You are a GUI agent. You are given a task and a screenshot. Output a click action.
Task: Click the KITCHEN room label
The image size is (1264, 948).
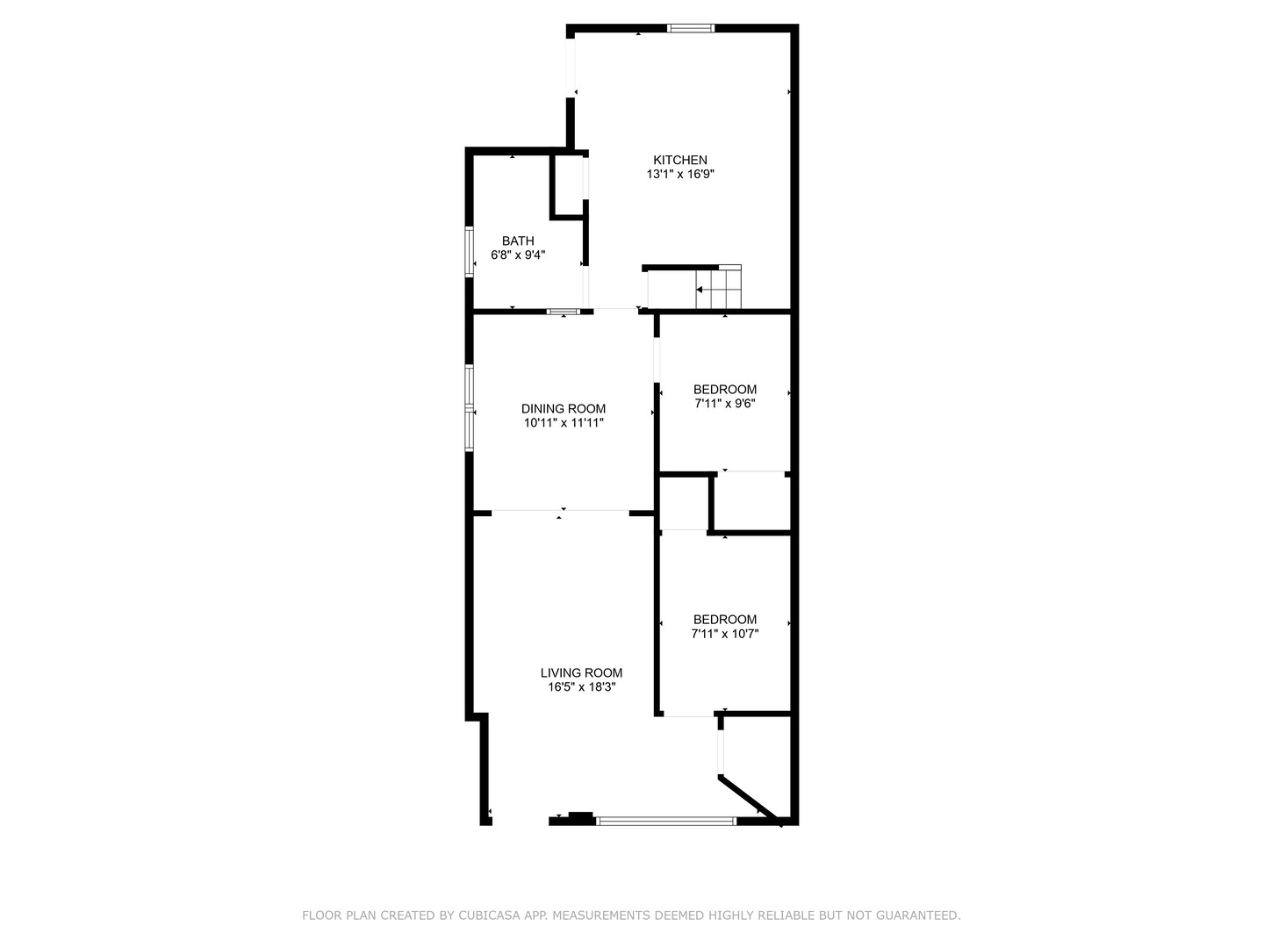[679, 160]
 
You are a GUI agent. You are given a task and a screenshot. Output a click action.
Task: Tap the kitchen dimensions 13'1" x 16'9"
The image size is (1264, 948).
[679, 174]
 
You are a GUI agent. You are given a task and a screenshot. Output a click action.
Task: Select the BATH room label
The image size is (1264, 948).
[518, 241]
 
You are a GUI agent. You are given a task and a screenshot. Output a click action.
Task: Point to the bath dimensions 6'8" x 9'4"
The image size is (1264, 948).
[518, 255]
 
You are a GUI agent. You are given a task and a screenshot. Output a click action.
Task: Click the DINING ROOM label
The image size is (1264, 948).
[564, 408]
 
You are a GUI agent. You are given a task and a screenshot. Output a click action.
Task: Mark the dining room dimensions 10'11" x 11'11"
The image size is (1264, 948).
[564, 423]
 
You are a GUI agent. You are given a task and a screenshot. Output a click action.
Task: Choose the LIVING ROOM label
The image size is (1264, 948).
[581, 673]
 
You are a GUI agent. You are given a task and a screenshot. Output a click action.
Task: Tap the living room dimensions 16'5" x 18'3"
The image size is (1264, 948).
[581, 687]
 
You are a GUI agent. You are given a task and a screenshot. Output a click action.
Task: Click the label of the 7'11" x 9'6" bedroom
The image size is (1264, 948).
[724, 390]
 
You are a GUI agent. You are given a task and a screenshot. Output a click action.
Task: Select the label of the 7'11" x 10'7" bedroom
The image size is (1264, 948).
[724, 620]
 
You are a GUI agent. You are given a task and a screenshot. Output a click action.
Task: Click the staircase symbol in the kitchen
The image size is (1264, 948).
[718, 288]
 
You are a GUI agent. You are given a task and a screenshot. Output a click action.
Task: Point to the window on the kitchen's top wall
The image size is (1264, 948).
[691, 28]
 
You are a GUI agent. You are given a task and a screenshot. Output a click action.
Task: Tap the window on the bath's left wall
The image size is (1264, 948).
[469, 252]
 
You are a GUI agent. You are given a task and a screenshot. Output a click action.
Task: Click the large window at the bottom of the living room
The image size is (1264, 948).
[665, 822]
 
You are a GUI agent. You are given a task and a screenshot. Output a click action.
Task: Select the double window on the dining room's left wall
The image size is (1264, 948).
[469, 407]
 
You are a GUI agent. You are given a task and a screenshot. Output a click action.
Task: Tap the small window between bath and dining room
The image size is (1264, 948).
[563, 312]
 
